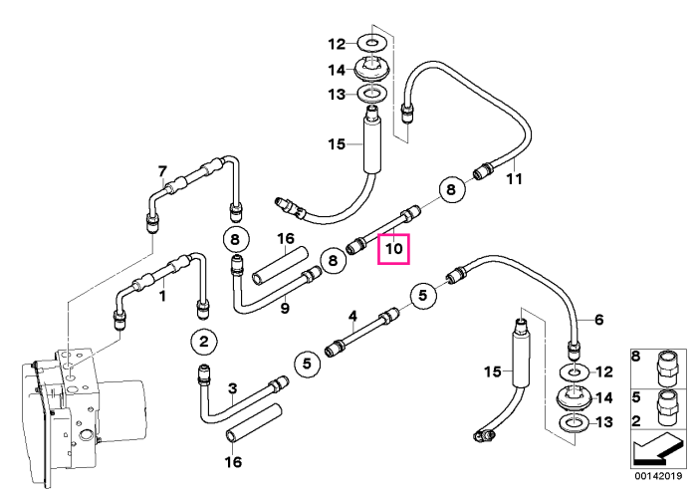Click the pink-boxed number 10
(394, 249)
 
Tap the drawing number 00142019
(658, 476)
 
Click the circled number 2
(203, 342)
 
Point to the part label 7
(162, 171)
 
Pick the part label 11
(515, 179)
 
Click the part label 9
(285, 308)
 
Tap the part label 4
(352, 316)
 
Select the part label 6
(598, 319)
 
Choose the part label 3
(232, 388)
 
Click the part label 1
(162, 296)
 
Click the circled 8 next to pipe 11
(451, 190)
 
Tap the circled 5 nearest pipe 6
(423, 295)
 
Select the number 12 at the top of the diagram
(337, 44)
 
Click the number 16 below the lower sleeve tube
(233, 462)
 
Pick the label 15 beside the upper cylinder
(337, 144)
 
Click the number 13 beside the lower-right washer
(603, 422)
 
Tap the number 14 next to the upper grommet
(337, 70)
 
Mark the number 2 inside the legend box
(636, 420)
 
